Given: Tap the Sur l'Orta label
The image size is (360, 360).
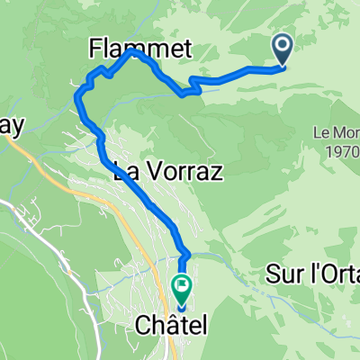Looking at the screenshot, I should [x=312, y=274].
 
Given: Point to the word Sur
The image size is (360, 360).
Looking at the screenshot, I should [x=283, y=274].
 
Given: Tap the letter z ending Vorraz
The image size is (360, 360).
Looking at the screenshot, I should [x=216, y=172].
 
